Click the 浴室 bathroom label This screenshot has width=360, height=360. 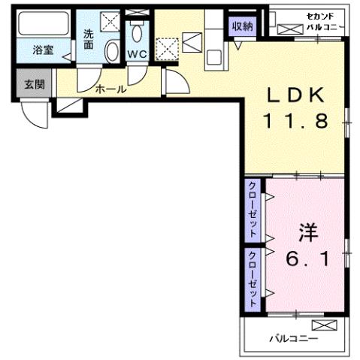pos(42,51)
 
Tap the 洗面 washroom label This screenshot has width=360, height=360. pos(89,39)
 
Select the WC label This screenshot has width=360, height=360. pos(136,54)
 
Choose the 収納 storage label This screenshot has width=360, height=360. pos(242,27)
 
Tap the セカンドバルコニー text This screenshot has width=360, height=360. pos(325,21)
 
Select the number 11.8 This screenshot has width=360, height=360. pos(295,120)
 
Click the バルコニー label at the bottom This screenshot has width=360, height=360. pos(292,339)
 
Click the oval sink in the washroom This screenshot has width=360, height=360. pos(111,52)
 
